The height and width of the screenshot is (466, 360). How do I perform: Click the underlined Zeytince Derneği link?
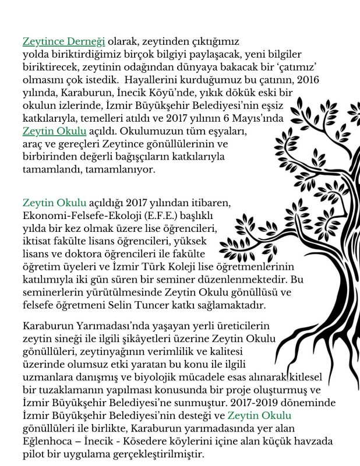[63, 42]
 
